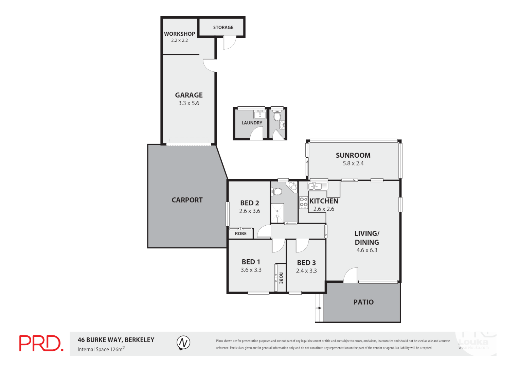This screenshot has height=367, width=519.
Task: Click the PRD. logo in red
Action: coord(41,343)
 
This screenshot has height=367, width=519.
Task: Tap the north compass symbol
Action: coord(183,343)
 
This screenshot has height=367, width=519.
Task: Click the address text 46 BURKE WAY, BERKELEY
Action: coord(116,340)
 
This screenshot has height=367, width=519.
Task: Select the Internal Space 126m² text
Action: coord(101,349)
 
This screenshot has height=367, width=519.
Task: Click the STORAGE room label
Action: coord(223,27)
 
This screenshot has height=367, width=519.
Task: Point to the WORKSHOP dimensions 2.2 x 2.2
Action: coord(179,40)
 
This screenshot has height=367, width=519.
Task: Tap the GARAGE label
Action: coord(189,95)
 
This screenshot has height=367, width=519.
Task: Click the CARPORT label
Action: coord(187,200)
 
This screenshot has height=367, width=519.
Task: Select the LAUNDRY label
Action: coord(252,123)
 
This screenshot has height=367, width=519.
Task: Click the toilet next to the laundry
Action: coord(277,117)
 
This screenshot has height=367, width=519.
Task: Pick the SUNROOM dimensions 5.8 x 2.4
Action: coord(353,163)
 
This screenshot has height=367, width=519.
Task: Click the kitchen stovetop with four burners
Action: coord(303,203)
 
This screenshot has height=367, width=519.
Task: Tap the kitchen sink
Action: coord(318,186)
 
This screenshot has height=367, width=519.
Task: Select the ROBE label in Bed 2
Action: coord(240,234)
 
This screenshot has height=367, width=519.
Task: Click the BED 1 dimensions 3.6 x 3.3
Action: coord(251,270)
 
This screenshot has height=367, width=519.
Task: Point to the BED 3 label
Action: coord(306,263)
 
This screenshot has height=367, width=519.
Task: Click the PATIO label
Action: coord(363,302)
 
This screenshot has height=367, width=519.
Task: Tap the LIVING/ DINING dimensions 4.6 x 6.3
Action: coord(366,250)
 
